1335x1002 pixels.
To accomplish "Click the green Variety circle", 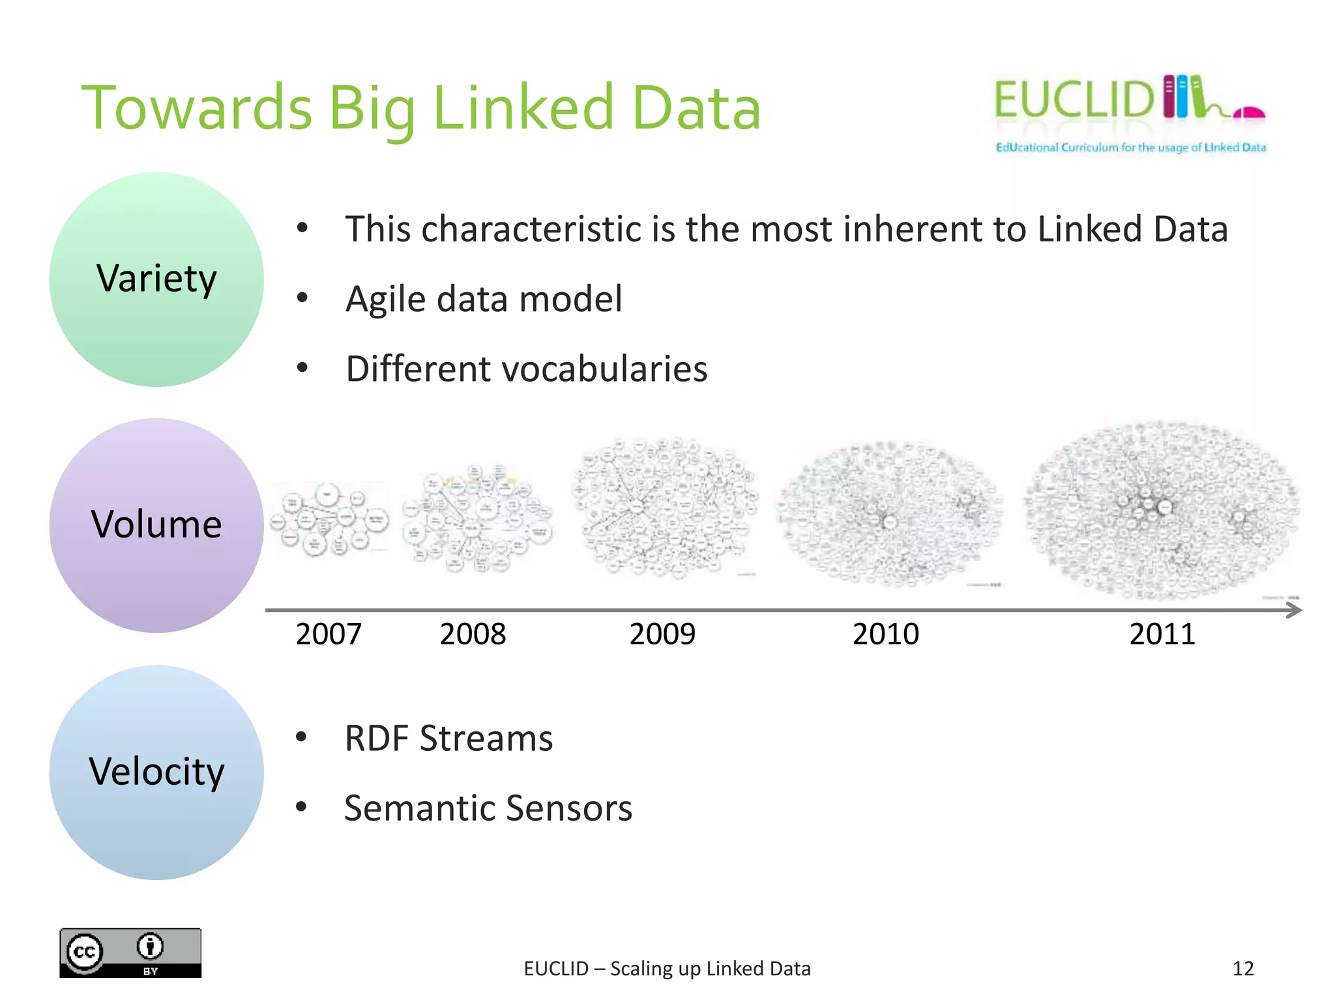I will (x=156, y=279).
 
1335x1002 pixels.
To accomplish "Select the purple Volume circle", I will (x=156, y=525).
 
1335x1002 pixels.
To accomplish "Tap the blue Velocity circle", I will (x=156, y=772).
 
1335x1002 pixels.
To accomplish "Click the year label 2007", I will (x=329, y=634).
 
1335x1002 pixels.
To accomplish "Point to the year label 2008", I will (x=473, y=634).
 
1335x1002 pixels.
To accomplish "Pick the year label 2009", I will (x=662, y=634).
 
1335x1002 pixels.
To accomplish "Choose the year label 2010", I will (x=886, y=634).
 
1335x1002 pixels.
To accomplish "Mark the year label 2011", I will (x=1162, y=634).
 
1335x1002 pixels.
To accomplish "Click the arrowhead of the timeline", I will (x=1294, y=610).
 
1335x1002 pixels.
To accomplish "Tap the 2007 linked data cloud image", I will (x=329, y=519).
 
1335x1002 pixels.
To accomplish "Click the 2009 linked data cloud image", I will (x=665, y=508).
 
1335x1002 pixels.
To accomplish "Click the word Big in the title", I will (x=372, y=109).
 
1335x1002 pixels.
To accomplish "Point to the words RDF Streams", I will (x=448, y=738).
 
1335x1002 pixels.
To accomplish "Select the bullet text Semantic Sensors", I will (x=488, y=808).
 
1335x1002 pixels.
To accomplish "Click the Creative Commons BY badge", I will (x=130, y=952).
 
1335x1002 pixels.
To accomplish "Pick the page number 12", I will (x=1243, y=969).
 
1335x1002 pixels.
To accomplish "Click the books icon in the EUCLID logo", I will (x=1183, y=97).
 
